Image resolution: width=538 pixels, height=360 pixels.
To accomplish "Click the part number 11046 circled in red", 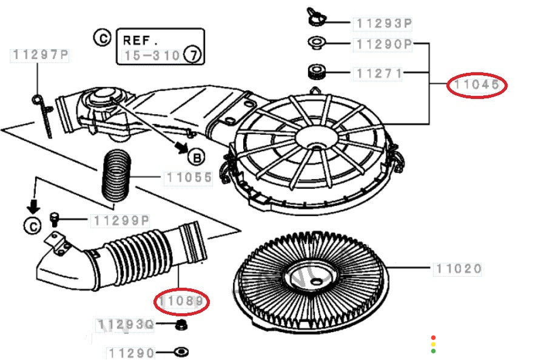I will [477, 85].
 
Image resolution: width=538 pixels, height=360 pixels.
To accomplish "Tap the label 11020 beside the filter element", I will [457, 268].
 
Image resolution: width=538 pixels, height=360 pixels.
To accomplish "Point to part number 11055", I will [188, 178].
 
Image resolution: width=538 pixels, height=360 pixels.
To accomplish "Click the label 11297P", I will [40, 55].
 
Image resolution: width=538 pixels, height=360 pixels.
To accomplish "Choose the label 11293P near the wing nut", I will [384, 24].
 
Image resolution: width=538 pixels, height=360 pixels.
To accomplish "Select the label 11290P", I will [384, 44].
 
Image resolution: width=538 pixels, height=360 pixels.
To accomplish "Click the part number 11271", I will [379, 73].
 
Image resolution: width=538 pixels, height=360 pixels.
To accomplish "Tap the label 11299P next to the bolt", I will [121, 220].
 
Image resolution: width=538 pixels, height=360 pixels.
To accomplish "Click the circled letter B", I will [196, 158].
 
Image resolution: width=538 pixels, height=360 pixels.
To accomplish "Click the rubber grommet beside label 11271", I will [315, 72].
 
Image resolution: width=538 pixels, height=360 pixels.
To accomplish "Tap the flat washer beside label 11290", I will [181, 352].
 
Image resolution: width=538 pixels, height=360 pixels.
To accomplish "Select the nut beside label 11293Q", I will [180, 326].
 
